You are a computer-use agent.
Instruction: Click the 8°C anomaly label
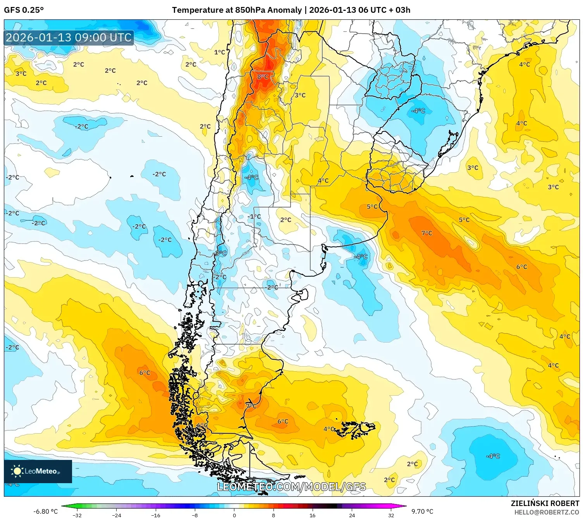(263, 77)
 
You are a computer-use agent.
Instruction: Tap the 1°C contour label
(219, 52)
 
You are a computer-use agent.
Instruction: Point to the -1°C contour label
(255, 216)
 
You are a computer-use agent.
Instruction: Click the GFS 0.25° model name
(24, 10)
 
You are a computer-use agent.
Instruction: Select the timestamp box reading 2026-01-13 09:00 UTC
(69, 38)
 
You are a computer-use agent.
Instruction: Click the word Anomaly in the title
(285, 10)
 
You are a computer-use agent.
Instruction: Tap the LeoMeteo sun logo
(17, 471)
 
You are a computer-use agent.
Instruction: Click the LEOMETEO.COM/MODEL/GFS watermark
(291, 487)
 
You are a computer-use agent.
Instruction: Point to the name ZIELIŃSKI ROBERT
(545, 503)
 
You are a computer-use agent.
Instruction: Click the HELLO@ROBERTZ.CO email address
(546, 512)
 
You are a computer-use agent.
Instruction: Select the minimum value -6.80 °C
(45, 511)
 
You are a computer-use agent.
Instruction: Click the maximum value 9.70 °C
(422, 511)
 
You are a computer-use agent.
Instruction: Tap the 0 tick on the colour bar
(234, 515)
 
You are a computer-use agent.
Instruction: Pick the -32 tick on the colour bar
(77, 515)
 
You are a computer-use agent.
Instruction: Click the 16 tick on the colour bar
(312, 515)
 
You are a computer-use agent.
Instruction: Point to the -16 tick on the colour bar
(155, 515)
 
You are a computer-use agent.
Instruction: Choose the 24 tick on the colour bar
(352, 515)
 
